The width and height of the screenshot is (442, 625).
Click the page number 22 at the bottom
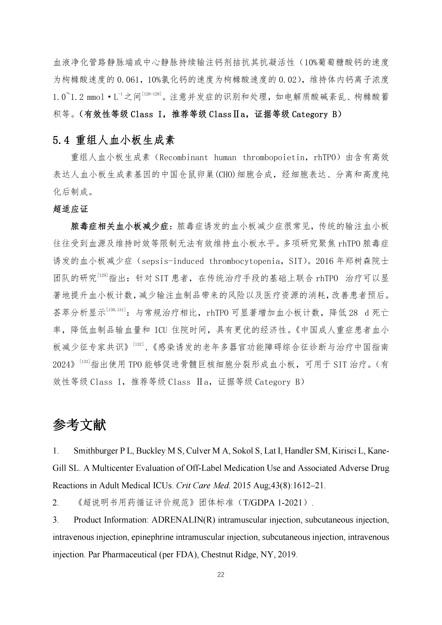coord(221,575)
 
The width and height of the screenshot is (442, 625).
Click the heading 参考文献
coord(79,425)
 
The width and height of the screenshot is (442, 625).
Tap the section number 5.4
coord(61,140)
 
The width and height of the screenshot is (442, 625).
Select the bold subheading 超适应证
coord(71,209)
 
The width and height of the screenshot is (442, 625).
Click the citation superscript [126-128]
coord(152,94)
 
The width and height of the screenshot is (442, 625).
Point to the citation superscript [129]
coord(103,275)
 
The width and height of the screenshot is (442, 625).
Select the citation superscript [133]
coord(85,361)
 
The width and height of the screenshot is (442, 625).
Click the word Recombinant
coord(184,158)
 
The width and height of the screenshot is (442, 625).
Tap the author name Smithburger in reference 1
coord(96,451)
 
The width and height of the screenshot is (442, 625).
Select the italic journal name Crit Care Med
coord(203,485)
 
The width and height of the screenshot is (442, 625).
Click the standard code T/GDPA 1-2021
coord(273,503)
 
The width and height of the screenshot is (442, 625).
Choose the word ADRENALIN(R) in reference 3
coord(183,520)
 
